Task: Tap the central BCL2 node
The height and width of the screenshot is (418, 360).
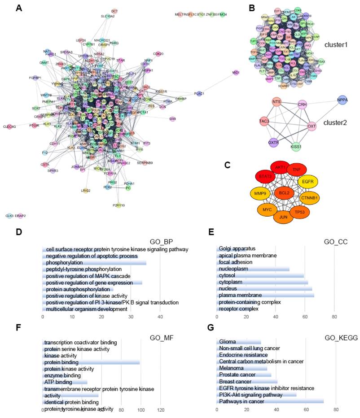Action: [284, 193]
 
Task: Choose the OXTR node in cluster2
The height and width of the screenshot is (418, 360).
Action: [274, 142]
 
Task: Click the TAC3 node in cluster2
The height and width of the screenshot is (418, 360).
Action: [264, 121]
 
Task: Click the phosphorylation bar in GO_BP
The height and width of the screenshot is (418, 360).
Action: [94, 262]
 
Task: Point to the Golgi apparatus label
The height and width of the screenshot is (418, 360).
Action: [237, 248]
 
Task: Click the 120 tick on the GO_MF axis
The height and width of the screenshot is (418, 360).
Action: [160, 410]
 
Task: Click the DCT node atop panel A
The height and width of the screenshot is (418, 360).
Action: [114, 11]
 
